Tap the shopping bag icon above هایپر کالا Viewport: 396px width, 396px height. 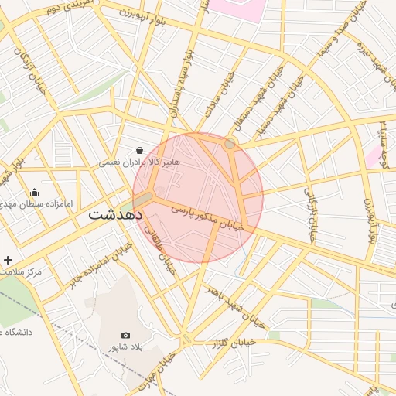(138, 150)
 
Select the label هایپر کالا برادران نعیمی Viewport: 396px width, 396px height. (138, 163)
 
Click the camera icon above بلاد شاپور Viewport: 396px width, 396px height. (126, 335)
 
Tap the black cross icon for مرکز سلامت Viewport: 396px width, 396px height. (8, 260)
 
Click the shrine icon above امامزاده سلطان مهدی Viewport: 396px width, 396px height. (34, 192)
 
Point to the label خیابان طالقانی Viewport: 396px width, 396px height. (163, 253)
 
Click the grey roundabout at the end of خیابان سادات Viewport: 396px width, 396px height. (230, 144)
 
